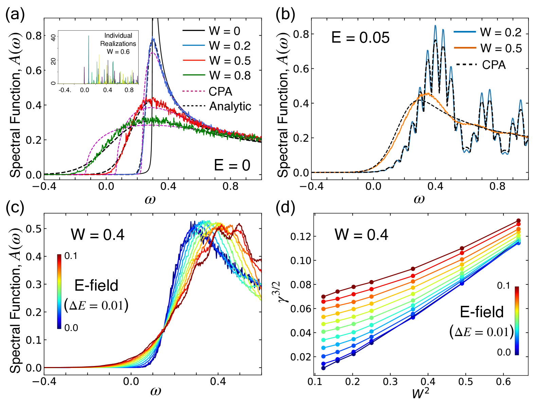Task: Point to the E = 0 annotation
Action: [232, 165]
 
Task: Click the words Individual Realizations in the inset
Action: [118, 39]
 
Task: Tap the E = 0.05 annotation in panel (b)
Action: [360, 37]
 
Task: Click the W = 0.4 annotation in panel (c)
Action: [97, 234]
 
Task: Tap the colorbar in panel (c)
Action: [59, 291]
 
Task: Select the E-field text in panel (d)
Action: [481, 312]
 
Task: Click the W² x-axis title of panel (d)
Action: [420, 394]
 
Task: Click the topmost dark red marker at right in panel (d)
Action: [518, 221]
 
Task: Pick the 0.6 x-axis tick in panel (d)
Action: [503, 382]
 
